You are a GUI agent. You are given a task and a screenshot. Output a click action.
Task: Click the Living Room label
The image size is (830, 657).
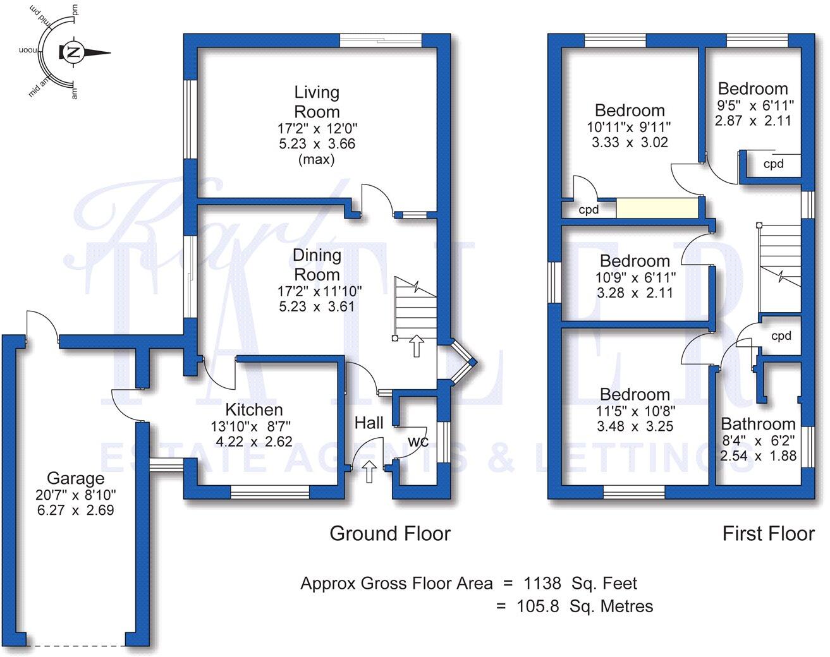(x=317, y=102)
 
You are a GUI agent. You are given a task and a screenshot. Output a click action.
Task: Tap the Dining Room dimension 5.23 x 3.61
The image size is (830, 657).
(x=317, y=307)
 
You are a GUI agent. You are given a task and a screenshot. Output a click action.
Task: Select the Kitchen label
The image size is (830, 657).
(x=254, y=409)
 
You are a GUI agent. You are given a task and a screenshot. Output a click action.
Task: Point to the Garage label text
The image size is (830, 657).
(x=75, y=478)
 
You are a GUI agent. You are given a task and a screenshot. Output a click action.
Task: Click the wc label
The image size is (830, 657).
(x=418, y=442)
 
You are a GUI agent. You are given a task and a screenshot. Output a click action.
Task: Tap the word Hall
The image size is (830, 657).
(x=369, y=423)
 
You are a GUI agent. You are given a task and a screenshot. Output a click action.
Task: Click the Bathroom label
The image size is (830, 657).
(x=758, y=423)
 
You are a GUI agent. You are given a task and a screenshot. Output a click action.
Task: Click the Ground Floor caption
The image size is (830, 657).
(x=390, y=534)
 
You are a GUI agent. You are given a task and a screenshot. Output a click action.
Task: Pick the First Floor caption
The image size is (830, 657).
(x=768, y=534)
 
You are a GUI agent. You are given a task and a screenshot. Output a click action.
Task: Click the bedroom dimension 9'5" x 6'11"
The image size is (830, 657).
(x=753, y=105)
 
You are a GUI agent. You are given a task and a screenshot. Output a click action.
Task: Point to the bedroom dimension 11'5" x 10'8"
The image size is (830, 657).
(x=635, y=411)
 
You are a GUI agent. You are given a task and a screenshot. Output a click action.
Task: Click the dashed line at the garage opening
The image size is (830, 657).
(x=76, y=646)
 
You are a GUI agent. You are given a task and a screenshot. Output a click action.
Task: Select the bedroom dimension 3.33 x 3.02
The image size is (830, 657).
(x=630, y=142)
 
